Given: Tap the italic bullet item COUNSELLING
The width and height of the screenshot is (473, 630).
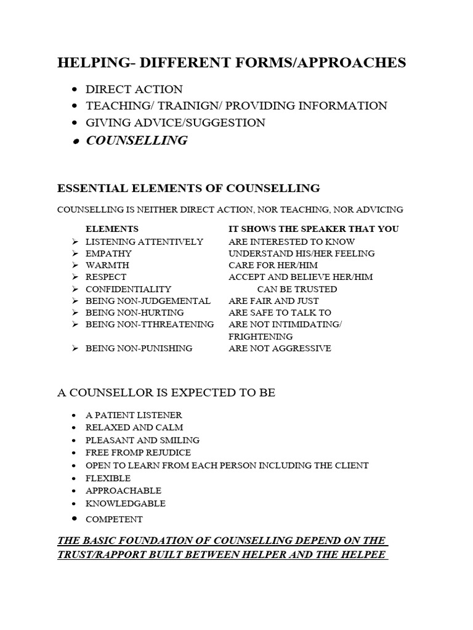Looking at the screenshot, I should click(137, 140).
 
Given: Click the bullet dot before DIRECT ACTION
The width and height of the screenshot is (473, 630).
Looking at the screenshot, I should click(74, 90).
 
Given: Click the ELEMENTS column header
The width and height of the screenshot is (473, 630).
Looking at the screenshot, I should click(111, 229).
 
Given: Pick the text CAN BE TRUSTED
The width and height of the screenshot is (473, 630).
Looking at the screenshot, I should click(297, 289).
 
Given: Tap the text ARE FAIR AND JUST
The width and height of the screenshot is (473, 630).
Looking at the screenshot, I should click(273, 301).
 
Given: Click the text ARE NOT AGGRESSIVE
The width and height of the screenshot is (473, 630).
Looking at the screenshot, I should click(280, 348).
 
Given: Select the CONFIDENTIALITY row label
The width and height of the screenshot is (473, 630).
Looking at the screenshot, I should click(128, 289).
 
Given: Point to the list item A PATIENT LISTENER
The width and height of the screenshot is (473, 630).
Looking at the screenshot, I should click(134, 415).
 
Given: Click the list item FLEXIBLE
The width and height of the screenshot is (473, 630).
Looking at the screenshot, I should click(108, 478).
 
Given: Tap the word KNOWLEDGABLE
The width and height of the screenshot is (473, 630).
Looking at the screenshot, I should click(125, 503).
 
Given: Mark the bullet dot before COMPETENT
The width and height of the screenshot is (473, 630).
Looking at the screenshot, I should click(74, 519).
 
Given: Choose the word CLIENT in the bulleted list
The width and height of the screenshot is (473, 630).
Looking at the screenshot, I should click(352, 465).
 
